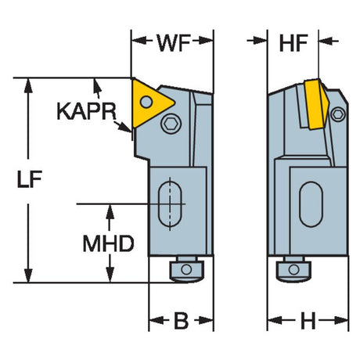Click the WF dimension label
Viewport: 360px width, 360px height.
tap(174, 42)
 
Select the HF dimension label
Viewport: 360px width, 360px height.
tap(293, 43)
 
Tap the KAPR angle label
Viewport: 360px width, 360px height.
tap(86, 111)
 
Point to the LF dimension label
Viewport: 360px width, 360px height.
tap(29, 179)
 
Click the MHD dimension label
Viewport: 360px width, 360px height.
tap(108, 243)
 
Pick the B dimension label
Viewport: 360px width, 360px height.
tap(181, 321)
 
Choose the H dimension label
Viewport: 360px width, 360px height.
tap(308, 321)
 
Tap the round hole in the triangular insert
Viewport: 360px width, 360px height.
tap(146, 102)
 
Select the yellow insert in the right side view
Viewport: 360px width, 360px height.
tap(316, 103)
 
